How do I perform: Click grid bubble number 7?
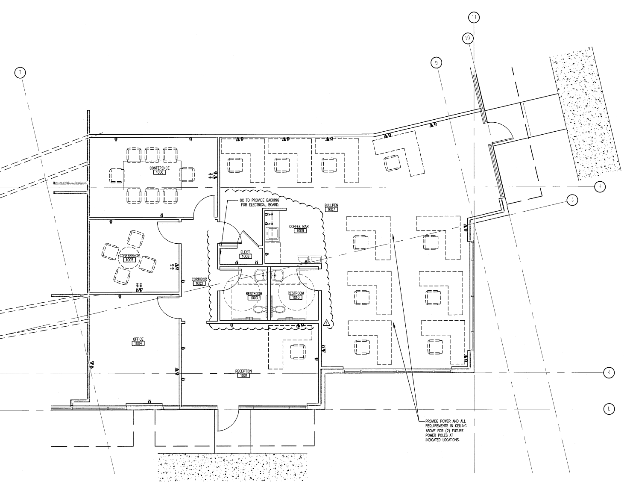click(20, 73)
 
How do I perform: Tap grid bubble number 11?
click(474, 18)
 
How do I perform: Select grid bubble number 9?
click(436, 63)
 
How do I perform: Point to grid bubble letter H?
click(600, 187)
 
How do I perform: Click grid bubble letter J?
click(571, 200)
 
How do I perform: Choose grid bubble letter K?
click(609, 373)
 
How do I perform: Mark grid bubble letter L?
click(609, 409)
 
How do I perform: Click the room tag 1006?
click(159, 172)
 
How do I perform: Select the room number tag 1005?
click(129, 260)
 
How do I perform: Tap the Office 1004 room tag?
click(138, 343)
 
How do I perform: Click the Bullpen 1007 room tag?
click(331, 210)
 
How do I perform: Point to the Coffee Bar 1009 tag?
click(299, 230)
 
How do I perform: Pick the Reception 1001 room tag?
click(244, 375)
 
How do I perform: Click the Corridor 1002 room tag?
click(199, 283)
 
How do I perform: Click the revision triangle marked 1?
click(327, 323)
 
